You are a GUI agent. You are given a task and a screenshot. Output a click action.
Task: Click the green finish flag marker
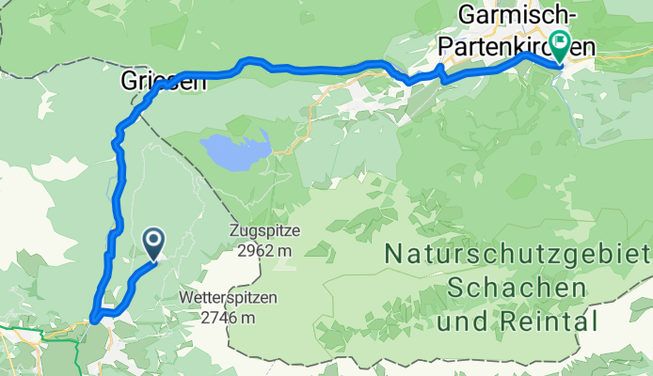click(561, 43)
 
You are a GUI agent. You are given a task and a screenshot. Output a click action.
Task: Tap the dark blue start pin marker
click(153, 244)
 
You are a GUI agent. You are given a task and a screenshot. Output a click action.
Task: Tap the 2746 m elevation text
click(228, 318)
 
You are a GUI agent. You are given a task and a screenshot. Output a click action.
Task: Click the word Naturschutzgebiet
click(517, 254)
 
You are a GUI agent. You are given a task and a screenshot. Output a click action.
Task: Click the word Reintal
click(556, 321)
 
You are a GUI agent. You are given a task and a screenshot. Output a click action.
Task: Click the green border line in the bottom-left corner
click(38, 330)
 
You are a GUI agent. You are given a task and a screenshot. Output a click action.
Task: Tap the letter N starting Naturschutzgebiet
click(393, 254)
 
